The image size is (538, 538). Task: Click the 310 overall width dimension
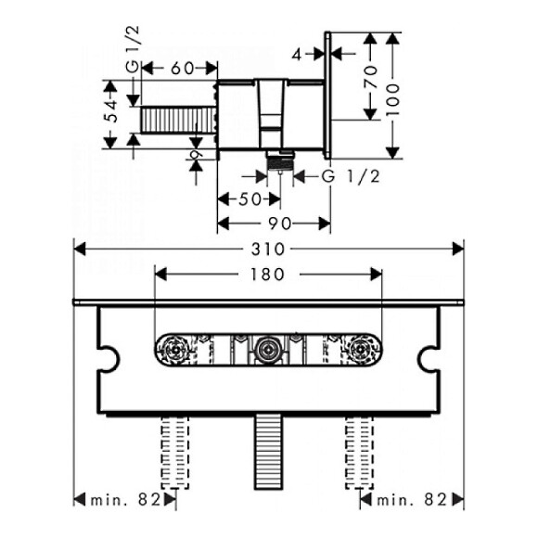(268, 250)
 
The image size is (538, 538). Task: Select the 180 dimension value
(268, 275)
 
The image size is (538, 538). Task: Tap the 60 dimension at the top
(182, 69)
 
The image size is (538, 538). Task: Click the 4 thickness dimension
(297, 54)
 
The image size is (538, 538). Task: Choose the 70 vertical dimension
(370, 76)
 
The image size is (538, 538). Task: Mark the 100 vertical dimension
(393, 100)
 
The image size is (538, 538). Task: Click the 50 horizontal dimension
(250, 199)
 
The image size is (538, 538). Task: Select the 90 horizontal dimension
(280, 224)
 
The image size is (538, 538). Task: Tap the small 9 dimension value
(196, 155)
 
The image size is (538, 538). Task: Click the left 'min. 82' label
(125, 500)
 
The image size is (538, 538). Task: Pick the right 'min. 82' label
(412, 500)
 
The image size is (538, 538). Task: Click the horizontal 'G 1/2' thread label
(351, 176)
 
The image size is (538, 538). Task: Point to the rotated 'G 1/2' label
(133, 49)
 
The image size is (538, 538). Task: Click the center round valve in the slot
(268, 350)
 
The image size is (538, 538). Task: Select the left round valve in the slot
(175, 350)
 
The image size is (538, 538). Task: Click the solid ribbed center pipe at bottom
(268, 452)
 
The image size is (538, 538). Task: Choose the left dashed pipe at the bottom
(175, 453)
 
